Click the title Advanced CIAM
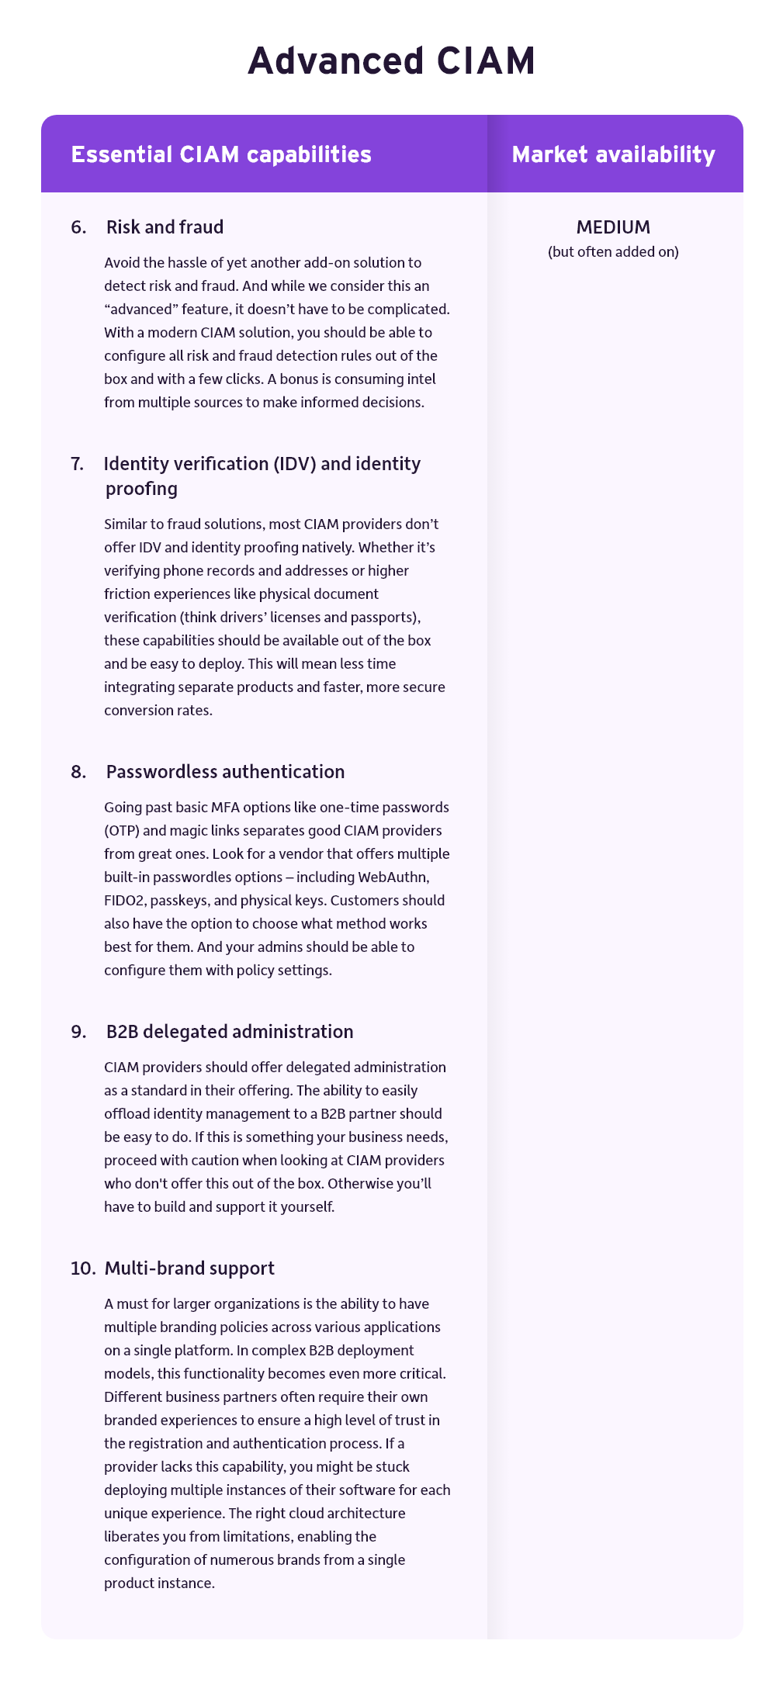click(391, 61)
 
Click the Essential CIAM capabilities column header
click(221, 154)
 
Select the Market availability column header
click(613, 154)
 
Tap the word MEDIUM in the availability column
click(613, 227)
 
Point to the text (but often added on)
click(613, 251)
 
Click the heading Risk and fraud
click(165, 227)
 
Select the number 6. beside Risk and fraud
click(78, 227)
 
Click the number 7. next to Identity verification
click(78, 464)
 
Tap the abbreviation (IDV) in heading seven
click(293, 464)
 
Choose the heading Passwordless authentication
click(225, 772)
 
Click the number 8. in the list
click(78, 772)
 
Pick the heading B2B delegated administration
click(230, 1032)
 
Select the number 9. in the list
click(78, 1032)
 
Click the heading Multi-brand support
click(189, 1268)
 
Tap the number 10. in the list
click(82, 1268)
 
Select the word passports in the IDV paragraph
click(386, 618)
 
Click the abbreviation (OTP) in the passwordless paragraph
click(121, 831)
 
